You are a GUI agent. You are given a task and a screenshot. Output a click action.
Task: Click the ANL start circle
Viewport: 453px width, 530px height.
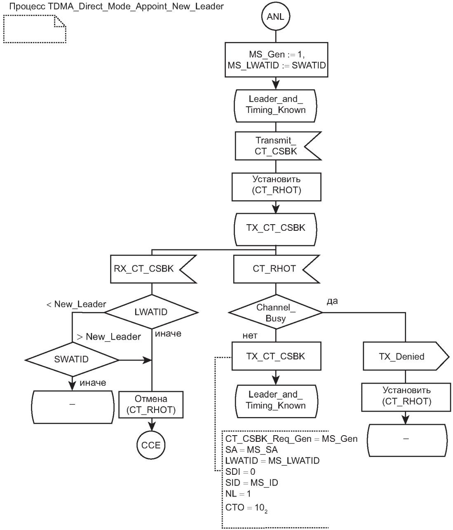(275, 17)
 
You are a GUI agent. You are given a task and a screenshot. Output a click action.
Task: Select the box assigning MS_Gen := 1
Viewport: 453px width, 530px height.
(276, 60)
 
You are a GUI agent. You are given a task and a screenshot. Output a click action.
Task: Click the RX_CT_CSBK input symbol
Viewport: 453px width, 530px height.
(144, 269)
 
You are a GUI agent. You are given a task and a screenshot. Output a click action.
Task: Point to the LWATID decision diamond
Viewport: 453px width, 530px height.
(151, 312)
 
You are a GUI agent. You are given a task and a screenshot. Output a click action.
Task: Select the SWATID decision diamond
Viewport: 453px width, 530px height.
(72, 359)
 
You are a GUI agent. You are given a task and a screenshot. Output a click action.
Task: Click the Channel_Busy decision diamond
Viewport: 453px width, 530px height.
(276, 312)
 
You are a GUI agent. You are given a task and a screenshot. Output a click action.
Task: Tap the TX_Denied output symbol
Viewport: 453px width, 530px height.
(401, 356)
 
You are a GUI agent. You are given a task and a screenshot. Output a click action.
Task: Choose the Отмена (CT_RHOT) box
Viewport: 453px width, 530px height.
(151, 404)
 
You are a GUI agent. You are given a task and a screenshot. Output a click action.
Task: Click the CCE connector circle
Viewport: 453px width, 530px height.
(151, 445)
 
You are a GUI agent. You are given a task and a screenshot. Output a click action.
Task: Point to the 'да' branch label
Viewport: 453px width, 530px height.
(332, 301)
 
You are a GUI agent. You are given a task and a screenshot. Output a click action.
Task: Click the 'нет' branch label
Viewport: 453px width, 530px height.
(250, 336)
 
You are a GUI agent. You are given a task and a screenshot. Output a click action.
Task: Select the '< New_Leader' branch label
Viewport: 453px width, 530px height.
(76, 304)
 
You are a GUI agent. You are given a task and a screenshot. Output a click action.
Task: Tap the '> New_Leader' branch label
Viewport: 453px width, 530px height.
(109, 337)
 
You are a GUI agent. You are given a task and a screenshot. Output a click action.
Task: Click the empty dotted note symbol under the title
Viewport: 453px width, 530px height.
(35, 29)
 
